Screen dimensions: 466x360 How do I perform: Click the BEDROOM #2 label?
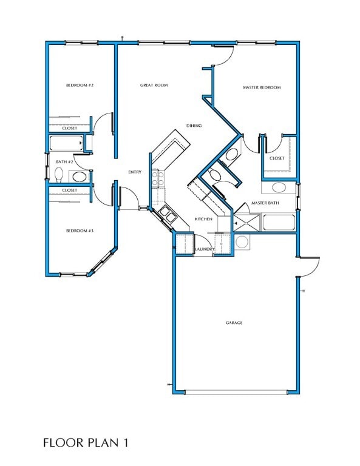coord(80,86)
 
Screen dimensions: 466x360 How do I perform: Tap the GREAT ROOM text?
coord(154,86)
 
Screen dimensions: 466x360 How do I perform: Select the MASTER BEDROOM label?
coord(262,88)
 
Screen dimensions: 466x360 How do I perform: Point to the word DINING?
coord(194,126)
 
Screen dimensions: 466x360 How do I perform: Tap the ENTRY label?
coord(135,172)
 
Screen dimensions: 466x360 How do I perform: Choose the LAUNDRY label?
coord(204,249)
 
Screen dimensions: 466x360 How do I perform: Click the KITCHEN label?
coord(203,218)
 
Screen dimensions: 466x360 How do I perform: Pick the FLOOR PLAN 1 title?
coord(86,443)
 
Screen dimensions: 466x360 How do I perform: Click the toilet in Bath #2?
coord(59,175)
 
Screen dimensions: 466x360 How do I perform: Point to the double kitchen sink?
coord(165,214)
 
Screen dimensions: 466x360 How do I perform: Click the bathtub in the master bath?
coord(278,222)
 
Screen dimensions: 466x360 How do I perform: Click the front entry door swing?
coord(129,198)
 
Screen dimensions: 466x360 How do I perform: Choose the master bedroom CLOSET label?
coord(277,158)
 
